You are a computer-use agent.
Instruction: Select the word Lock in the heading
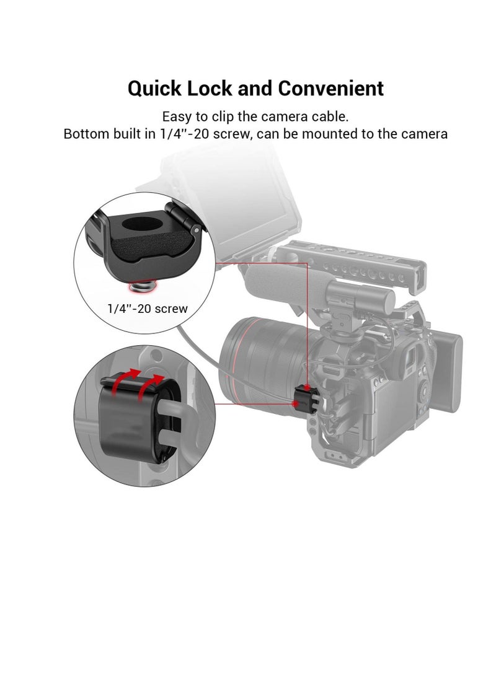click(x=212, y=89)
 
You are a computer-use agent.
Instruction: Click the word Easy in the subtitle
click(x=175, y=116)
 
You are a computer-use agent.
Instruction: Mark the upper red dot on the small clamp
click(x=308, y=388)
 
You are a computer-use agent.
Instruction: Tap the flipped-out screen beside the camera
click(x=451, y=372)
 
